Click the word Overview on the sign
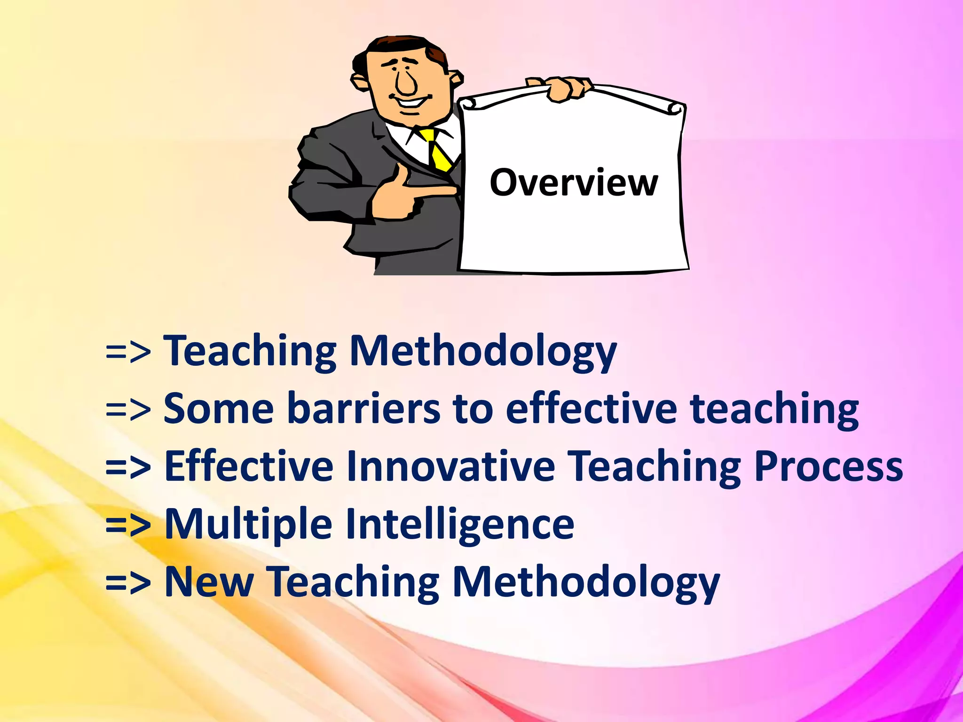tap(573, 183)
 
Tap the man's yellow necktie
tap(437, 150)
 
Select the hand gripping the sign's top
tap(564, 89)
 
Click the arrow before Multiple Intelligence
tap(128, 526)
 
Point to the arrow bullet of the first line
tap(128, 352)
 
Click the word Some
tap(218, 408)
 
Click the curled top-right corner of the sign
tap(675, 109)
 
